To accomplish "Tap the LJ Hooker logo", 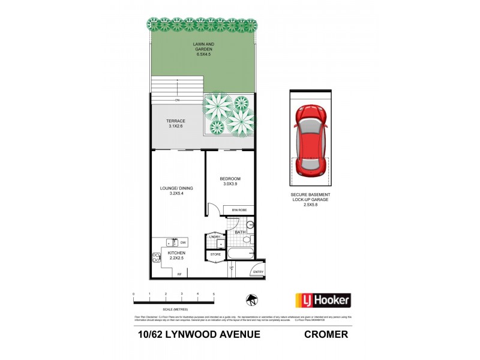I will tap(323, 299).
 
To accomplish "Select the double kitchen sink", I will tap(172, 242).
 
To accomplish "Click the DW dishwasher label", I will tap(184, 242).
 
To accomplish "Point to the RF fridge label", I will tap(179, 274).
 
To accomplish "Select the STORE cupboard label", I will tap(215, 255).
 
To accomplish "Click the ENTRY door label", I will tap(258, 272).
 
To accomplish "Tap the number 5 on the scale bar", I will tap(214, 293).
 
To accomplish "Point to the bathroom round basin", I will tap(250, 224).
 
